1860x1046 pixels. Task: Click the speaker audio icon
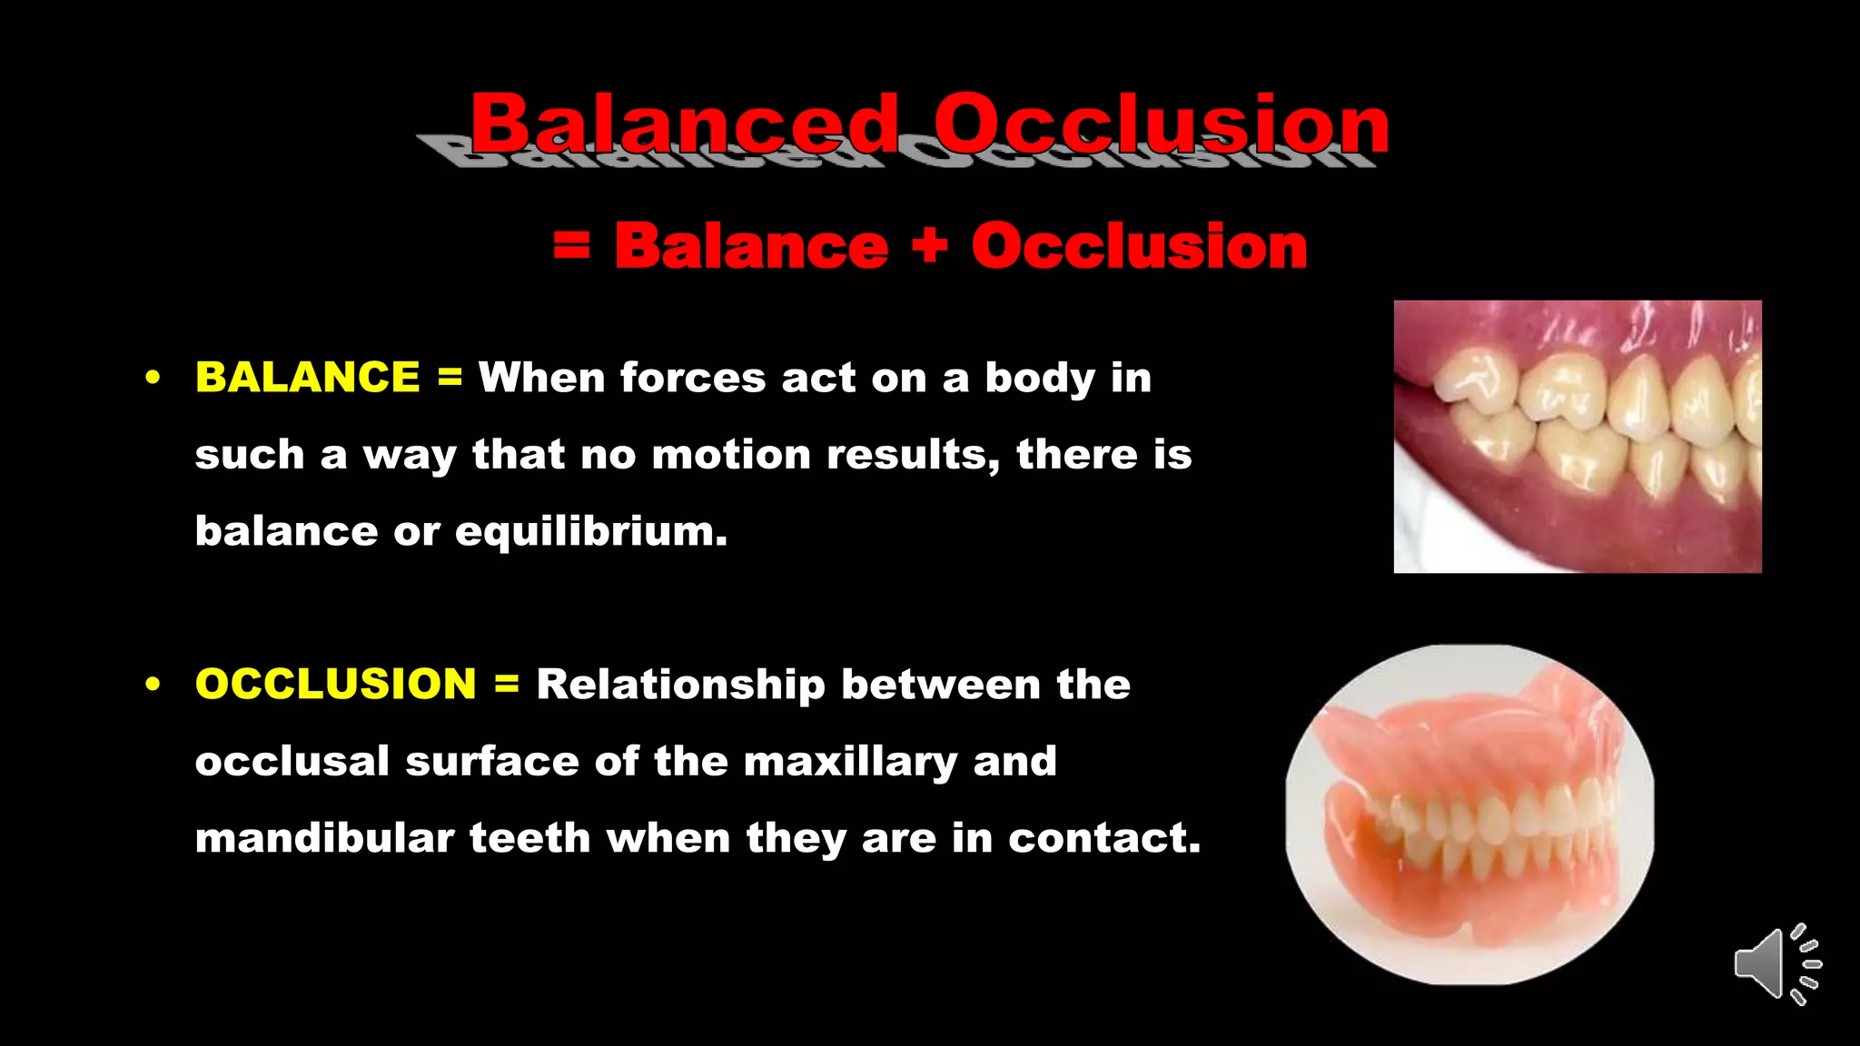pyautogui.click(x=1775, y=963)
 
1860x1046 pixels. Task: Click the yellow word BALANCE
pyautogui.click(x=307, y=378)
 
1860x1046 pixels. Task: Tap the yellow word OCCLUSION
pyautogui.click(x=335, y=684)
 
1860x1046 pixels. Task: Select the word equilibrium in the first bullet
pyautogui.click(x=590, y=531)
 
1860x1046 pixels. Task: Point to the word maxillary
pyautogui.click(x=850, y=761)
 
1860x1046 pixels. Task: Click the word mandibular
pyautogui.click(x=324, y=837)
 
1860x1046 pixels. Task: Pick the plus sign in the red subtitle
pyautogui.click(x=929, y=246)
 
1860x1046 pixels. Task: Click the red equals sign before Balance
pyautogui.click(x=571, y=246)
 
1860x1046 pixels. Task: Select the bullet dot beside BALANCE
pyautogui.click(x=153, y=378)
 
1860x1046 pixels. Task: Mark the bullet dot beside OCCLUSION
pyautogui.click(x=153, y=684)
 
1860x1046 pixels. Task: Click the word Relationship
pyautogui.click(x=680, y=684)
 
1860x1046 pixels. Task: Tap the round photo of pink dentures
pyautogui.click(x=1469, y=814)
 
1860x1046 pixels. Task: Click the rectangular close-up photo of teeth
pyautogui.click(x=1578, y=437)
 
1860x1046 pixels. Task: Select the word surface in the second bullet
pyautogui.click(x=491, y=761)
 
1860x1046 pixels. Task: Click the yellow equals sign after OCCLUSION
pyautogui.click(x=507, y=684)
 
